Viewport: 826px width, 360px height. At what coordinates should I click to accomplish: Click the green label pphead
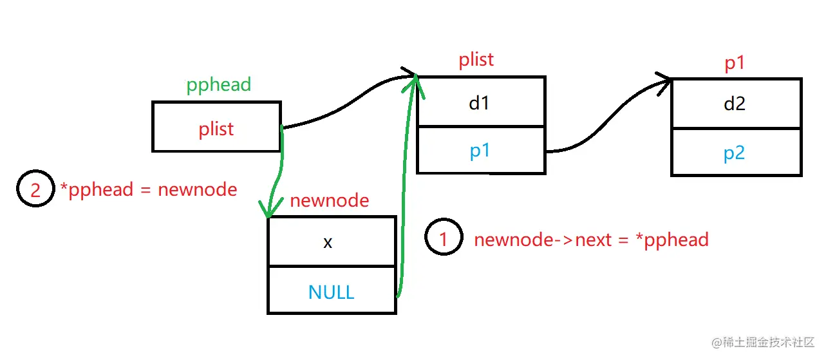coord(218,86)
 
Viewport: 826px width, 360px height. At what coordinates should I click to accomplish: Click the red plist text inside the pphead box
coord(216,129)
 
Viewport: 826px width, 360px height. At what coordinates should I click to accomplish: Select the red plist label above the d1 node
coord(476,60)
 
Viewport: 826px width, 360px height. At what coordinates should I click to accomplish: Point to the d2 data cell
coord(735,104)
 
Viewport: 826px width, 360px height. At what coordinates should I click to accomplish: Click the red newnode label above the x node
coord(329,200)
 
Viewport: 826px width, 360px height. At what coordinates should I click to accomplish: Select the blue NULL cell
coord(331,292)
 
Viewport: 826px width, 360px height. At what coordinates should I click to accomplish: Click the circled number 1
coord(444,239)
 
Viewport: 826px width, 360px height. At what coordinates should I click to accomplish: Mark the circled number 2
coord(35,189)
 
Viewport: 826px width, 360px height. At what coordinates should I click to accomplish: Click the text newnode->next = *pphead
coord(591,240)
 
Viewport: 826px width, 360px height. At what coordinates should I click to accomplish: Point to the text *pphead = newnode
coord(148,189)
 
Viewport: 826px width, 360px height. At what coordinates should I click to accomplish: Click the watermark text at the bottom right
coord(764,342)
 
